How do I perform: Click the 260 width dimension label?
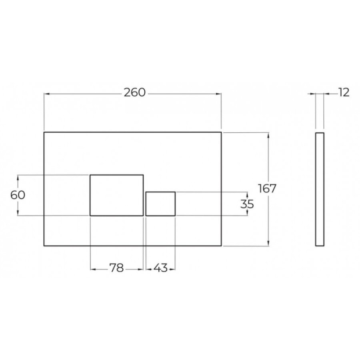point(135,92)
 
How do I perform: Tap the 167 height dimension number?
point(267,188)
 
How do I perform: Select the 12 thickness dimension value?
point(344,92)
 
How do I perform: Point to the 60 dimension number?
point(18,195)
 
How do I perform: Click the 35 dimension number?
point(247,204)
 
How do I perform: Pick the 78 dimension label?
point(117,268)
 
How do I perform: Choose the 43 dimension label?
point(160,268)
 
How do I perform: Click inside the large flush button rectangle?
point(117,195)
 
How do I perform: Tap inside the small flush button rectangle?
point(160,204)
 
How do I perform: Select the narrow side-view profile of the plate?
point(320,189)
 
